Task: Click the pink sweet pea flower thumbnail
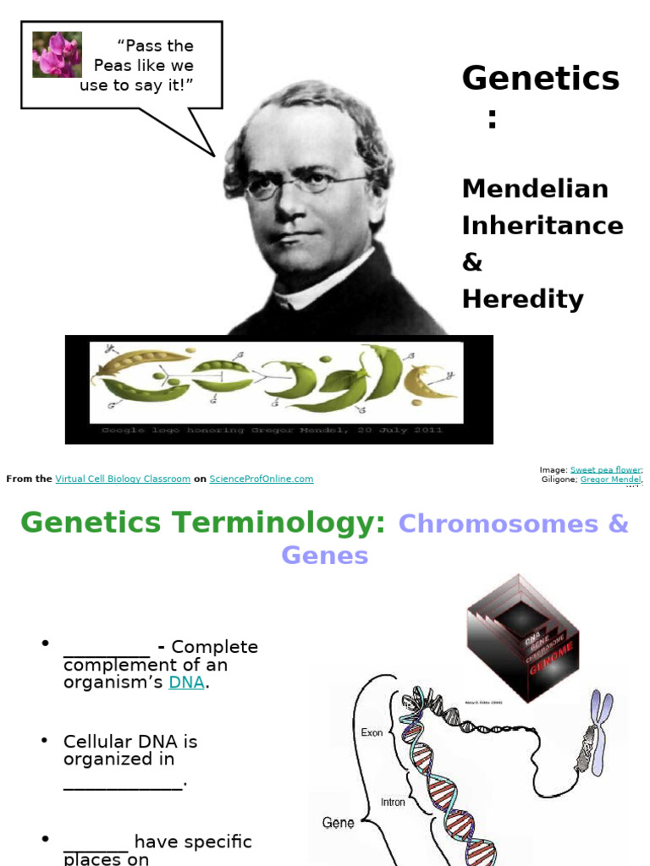57,55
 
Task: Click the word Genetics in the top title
540,79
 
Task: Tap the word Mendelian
534,188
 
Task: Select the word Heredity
522,299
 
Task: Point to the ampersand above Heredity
471,262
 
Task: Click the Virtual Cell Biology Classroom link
123,479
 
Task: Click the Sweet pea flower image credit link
604,469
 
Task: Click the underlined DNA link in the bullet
186,682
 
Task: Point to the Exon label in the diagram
372,733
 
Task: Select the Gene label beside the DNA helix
338,822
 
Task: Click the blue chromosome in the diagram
601,731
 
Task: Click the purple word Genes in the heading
325,556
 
